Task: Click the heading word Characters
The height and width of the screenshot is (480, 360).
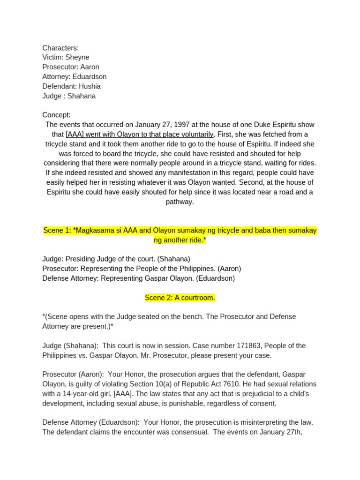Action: [x=60, y=48]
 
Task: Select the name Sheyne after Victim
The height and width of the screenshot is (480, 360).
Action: [x=77, y=57]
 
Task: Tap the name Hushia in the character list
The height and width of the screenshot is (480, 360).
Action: [x=90, y=86]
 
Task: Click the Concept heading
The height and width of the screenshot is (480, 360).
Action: [x=56, y=115]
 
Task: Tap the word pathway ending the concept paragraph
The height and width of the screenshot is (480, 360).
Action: [x=180, y=202]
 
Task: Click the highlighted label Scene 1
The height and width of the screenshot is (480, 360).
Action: [x=56, y=231]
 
